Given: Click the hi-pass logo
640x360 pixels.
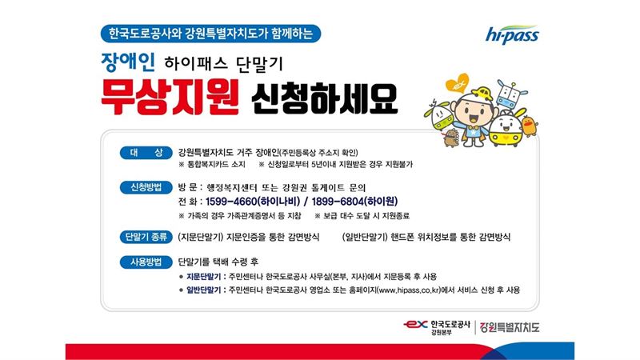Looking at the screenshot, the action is [512, 34].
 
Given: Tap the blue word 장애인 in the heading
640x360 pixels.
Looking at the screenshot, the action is [128, 62].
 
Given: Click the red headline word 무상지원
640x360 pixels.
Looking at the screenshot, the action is [170, 98].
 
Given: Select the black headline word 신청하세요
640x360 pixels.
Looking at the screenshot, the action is [324, 98].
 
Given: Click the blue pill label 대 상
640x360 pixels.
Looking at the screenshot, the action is [146, 153].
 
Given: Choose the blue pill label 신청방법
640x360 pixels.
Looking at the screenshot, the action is [146, 187].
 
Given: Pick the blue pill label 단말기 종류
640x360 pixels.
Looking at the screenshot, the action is [146, 237].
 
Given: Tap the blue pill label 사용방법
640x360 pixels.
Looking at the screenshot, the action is [146, 262].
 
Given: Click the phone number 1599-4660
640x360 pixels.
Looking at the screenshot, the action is [231, 202].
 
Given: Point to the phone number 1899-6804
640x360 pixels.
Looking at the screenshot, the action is [337, 202].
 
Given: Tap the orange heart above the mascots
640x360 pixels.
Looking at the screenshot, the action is [457, 83].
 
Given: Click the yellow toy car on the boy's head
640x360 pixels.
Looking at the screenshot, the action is [482, 94].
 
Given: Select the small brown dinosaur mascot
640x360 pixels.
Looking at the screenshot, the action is [450, 138].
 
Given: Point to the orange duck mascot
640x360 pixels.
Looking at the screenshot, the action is [530, 126].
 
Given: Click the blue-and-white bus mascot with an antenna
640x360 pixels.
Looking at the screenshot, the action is [509, 94].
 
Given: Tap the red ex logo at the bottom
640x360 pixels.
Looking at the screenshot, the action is [415, 325].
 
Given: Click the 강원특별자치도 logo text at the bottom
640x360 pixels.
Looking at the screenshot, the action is [510, 327].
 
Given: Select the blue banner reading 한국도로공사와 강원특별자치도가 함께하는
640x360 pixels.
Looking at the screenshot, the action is [210, 34].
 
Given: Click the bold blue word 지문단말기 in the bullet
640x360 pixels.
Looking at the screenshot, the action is [204, 277].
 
